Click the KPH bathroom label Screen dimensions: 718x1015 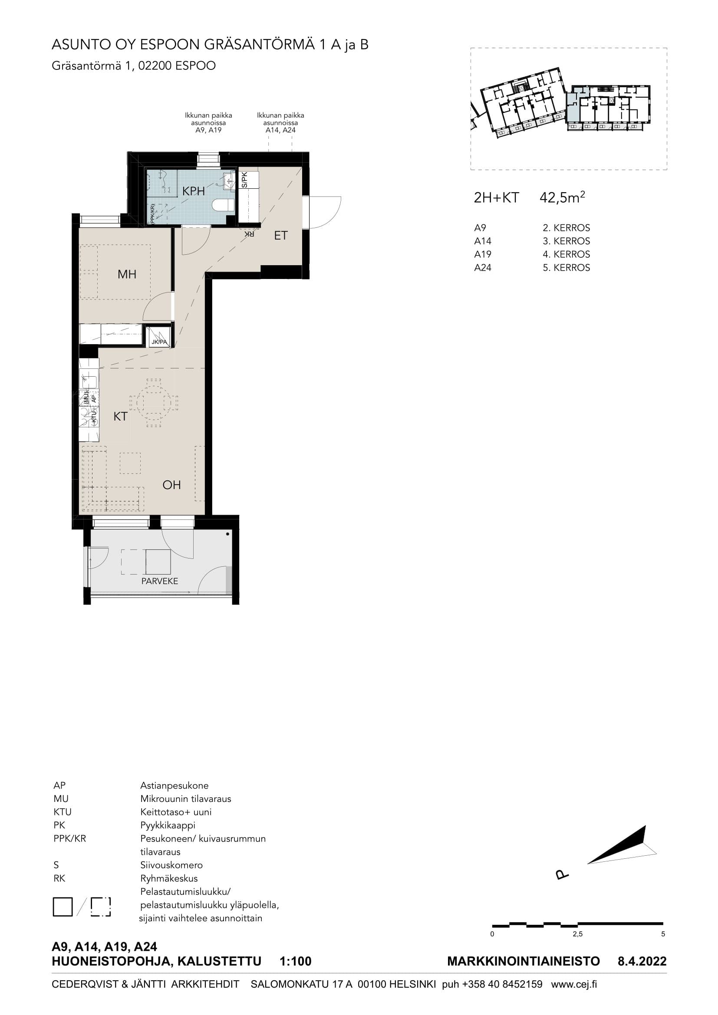point(194,191)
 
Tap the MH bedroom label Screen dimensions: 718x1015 point(127,274)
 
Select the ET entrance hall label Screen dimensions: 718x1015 point(281,236)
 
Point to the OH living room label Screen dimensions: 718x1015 point(171,485)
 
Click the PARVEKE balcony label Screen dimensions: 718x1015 point(160,581)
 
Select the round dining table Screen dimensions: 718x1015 point(153,403)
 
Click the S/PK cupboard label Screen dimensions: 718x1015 point(244,180)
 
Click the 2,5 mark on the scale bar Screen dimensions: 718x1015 point(577,934)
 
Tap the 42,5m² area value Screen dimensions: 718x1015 point(562,197)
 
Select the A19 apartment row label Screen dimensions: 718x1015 point(483,254)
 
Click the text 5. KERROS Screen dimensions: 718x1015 point(566,267)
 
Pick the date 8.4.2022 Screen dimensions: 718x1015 point(642,961)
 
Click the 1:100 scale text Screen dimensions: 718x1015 point(295,961)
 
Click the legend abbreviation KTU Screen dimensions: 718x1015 point(63,812)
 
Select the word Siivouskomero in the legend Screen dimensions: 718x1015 point(171,865)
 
